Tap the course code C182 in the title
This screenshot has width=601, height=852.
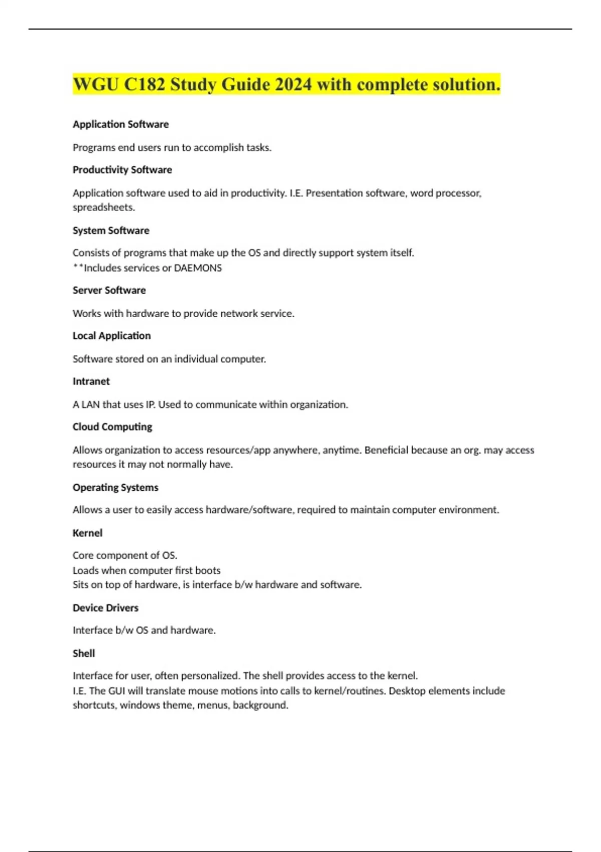click(x=144, y=84)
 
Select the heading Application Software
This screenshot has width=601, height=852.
click(x=121, y=124)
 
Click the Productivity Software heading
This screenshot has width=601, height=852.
click(x=122, y=170)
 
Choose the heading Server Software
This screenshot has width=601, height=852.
click(x=109, y=290)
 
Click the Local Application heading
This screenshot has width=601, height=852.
click(x=112, y=336)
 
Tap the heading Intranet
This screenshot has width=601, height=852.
click(x=91, y=381)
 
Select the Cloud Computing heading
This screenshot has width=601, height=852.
click(x=112, y=427)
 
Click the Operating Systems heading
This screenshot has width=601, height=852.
click(x=115, y=488)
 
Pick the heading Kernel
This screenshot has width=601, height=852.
click(x=88, y=533)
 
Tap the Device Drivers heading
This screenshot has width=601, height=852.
click(x=106, y=608)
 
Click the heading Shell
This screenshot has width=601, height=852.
click(x=84, y=654)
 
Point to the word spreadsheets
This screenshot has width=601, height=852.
click(x=103, y=207)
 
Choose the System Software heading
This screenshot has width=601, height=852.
click(x=111, y=231)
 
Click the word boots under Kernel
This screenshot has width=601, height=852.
click(x=207, y=570)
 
